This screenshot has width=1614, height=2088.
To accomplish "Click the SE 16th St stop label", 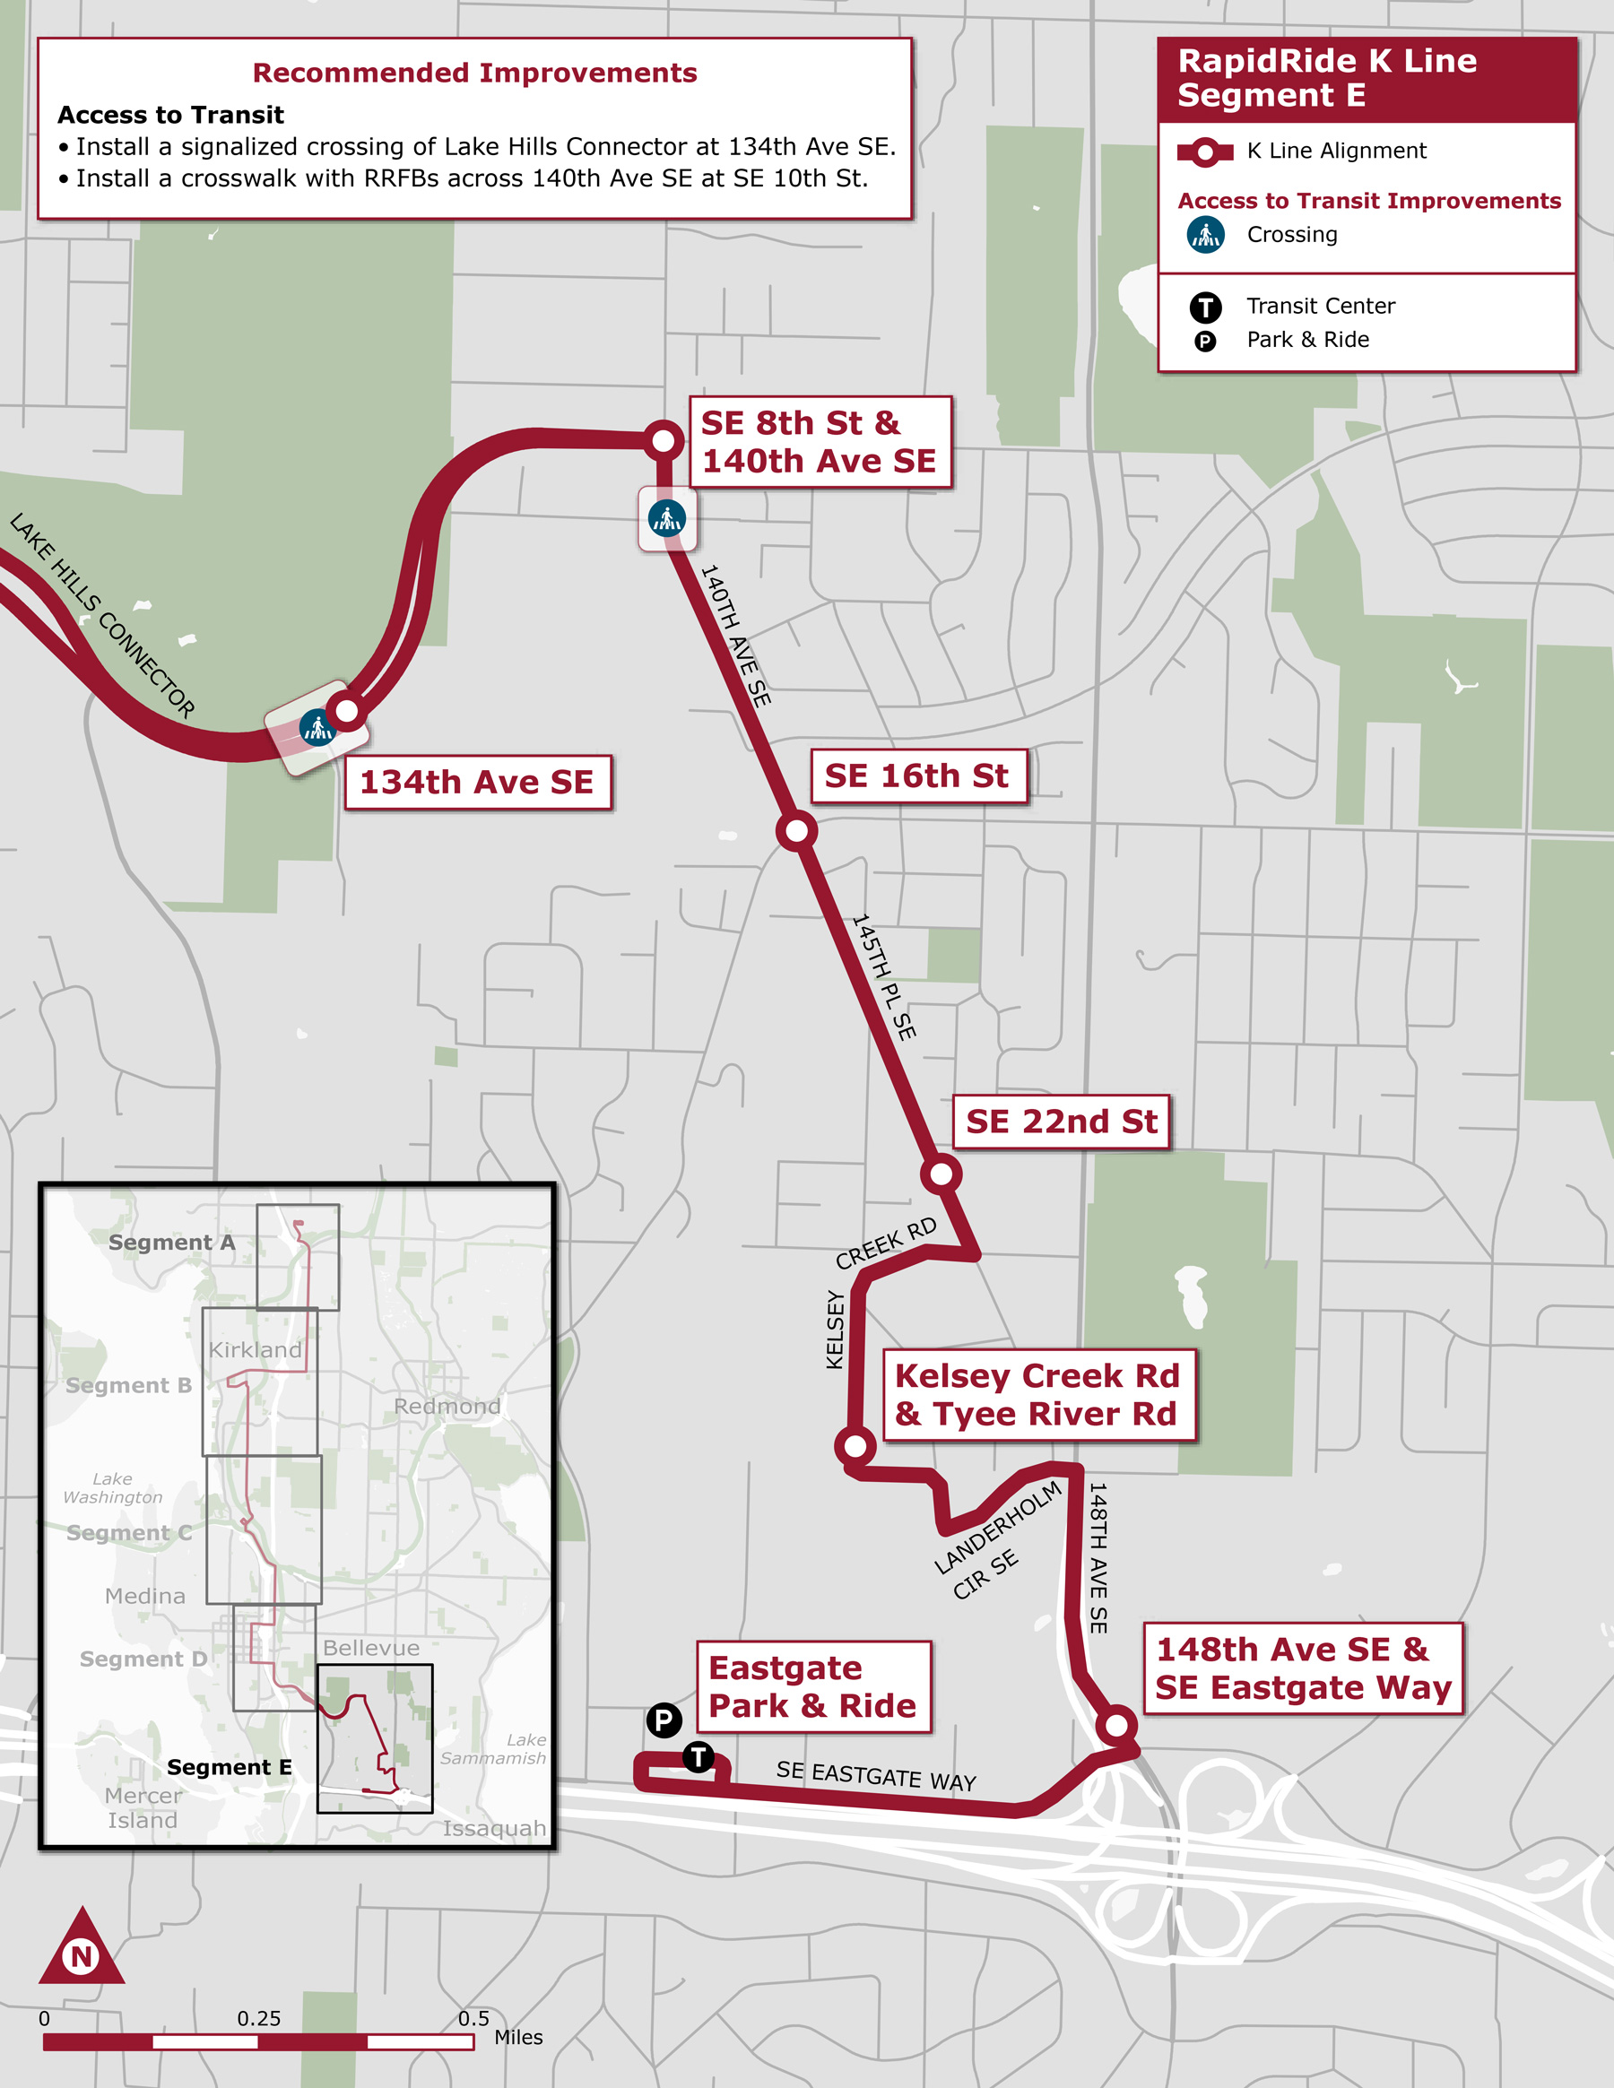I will tap(917, 776).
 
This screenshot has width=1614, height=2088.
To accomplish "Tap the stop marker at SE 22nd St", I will tap(941, 1173).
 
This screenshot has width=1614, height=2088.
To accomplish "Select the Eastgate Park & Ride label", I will tap(812, 1687).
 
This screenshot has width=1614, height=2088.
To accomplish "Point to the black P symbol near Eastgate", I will tap(664, 1720).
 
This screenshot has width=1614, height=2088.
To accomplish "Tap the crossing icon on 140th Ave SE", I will tap(666, 518).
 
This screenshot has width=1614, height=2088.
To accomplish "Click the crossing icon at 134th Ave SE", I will tap(317, 729).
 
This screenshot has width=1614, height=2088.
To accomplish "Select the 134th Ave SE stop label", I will tap(477, 782).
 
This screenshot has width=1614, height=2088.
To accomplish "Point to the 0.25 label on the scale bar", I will tap(259, 2018).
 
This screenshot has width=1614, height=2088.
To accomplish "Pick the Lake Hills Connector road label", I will tap(102, 616).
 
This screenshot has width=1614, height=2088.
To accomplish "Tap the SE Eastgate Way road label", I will tap(876, 1775).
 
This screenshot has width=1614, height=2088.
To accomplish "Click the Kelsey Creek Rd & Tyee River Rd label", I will tap(1037, 1395).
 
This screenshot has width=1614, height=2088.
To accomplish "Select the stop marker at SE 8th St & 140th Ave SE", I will tap(663, 441).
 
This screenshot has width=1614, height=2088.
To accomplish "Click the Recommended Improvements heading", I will tap(474, 74).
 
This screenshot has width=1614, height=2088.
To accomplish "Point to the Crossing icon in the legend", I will tap(1206, 234).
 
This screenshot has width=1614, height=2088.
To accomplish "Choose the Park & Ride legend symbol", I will tap(1205, 342).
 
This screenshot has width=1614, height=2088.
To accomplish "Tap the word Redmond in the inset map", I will tap(447, 1407).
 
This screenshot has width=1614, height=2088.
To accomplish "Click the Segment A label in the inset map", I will tap(171, 1243).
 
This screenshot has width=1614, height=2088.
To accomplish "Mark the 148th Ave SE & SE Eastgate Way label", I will tap(1302, 1668).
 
